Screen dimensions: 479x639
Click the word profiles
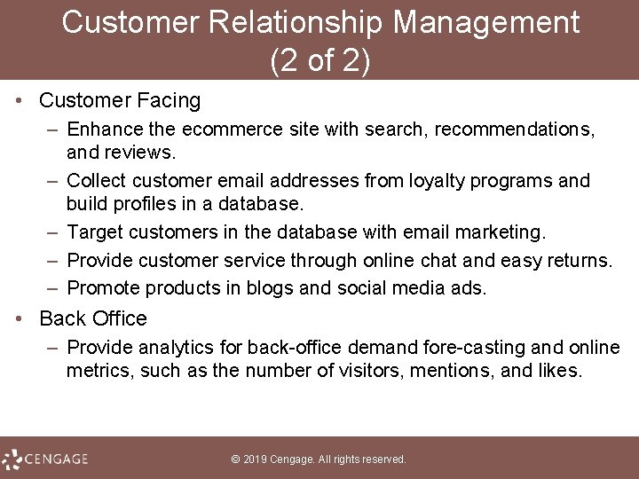coord(146,203)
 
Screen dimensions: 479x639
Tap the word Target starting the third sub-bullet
coord(95,232)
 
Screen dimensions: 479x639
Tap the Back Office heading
coord(93,318)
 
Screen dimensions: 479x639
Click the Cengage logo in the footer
coord(46,459)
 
